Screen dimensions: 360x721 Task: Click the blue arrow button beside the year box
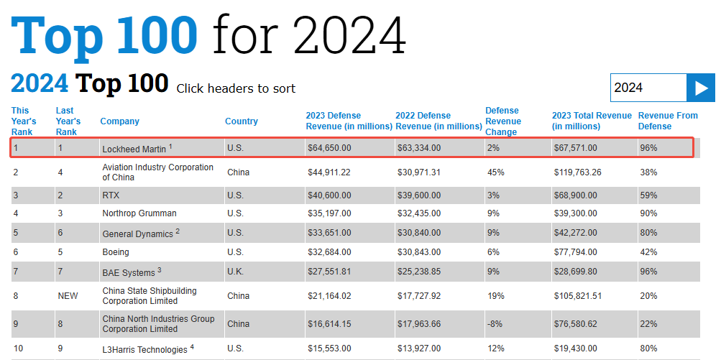point(701,88)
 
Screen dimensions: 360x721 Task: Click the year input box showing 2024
point(648,88)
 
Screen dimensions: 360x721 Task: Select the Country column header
point(241,121)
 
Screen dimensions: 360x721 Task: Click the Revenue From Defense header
point(668,121)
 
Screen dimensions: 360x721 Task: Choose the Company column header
point(120,121)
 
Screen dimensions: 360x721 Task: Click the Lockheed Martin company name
point(135,149)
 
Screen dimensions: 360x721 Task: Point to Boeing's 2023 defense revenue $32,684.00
point(329,252)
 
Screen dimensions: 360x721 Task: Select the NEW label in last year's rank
point(68,296)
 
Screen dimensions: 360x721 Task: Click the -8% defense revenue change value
point(495,324)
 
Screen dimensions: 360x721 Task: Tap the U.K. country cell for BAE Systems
point(236,272)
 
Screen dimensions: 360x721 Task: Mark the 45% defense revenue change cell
point(495,172)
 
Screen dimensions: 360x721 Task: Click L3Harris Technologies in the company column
point(144,349)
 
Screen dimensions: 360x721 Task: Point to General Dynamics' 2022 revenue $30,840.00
point(418,233)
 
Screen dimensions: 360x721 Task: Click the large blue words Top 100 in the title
point(105,34)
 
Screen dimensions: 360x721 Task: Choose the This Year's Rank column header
point(24,121)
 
